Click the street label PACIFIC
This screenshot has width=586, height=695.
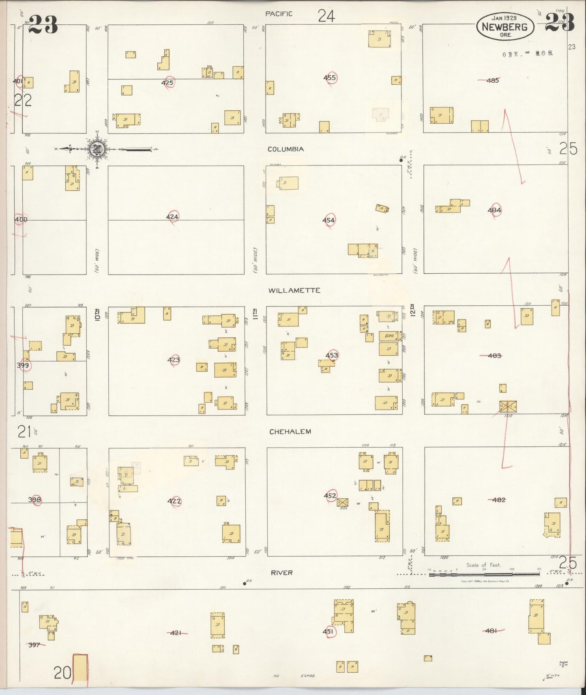point(279,14)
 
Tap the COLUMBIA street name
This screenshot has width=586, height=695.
point(285,149)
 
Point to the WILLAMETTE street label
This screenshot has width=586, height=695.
point(294,290)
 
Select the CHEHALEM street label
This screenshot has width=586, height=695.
point(290,431)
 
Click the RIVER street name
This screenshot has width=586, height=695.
point(282,573)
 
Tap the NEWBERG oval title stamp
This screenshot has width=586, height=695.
point(504,27)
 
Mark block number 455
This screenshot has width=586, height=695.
point(330,77)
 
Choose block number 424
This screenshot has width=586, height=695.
point(172,217)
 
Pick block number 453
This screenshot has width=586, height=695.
point(332,356)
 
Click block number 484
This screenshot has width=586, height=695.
point(494,210)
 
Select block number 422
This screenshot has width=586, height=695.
point(174,501)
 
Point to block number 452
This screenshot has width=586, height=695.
point(330,496)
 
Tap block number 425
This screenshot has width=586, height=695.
point(167,83)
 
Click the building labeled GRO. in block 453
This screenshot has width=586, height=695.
point(389,336)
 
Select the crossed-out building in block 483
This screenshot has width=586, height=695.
point(508,406)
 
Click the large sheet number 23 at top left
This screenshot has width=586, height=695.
point(43,25)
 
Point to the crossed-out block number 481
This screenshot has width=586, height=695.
point(491,631)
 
